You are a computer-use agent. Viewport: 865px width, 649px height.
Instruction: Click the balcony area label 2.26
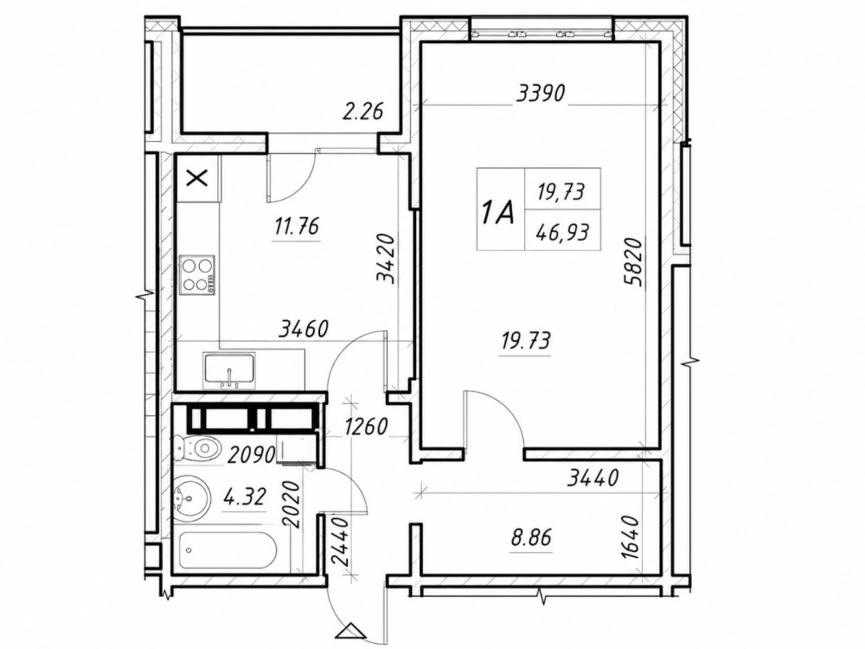click(x=362, y=112)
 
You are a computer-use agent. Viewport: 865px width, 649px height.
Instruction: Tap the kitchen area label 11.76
click(x=297, y=226)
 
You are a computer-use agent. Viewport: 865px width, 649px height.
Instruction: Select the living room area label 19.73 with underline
click(x=525, y=340)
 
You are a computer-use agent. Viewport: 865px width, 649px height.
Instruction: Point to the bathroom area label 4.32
click(x=245, y=496)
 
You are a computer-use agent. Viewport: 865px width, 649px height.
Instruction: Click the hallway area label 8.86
click(x=531, y=537)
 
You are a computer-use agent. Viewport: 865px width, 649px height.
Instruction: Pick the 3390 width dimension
click(x=541, y=93)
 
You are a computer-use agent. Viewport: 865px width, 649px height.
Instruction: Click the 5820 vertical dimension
click(x=633, y=261)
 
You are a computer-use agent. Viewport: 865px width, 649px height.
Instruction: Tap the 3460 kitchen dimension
click(x=304, y=330)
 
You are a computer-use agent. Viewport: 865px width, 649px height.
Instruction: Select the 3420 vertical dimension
click(x=386, y=259)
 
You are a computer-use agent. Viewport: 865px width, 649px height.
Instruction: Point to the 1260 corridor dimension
click(x=367, y=426)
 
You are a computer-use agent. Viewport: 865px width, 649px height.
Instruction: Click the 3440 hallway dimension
click(x=593, y=478)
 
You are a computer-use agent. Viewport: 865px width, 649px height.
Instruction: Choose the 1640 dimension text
click(x=629, y=537)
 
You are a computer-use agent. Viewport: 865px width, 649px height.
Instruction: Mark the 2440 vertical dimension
click(x=339, y=541)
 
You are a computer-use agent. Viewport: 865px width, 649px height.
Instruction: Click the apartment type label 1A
click(x=497, y=212)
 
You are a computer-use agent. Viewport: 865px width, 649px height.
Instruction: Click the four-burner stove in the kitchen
click(x=197, y=274)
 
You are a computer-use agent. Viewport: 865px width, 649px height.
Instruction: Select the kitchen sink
click(x=229, y=369)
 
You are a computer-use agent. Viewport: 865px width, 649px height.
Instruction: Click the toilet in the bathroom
click(x=195, y=447)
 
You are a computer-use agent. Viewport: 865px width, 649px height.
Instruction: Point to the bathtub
click(x=229, y=550)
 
